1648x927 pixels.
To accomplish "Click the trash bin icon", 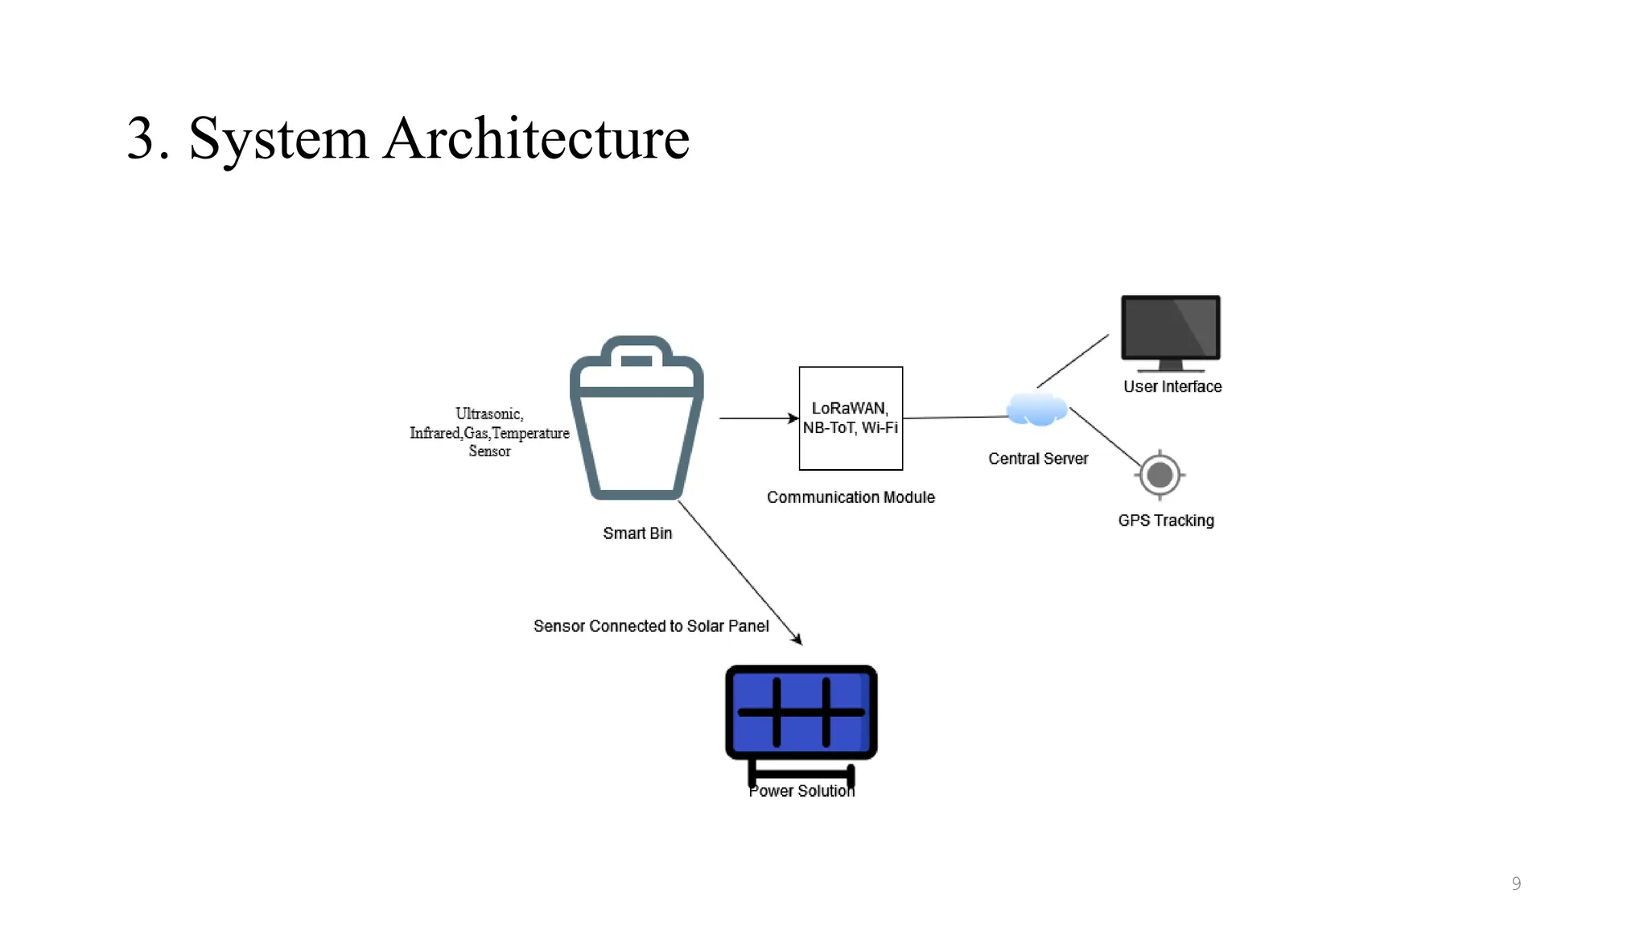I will tap(637, 418).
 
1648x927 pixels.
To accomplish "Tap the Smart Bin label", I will tap(637, 534).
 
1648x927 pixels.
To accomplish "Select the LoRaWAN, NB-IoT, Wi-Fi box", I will tap(851, 418).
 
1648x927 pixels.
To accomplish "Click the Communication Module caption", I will tap(851, 497).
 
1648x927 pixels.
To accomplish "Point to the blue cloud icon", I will tap(1037, 410).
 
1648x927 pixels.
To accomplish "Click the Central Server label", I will tap(1038, 459).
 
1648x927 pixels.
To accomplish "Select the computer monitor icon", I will tap(1171, 330).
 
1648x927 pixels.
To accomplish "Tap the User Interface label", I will tap(1172, 387).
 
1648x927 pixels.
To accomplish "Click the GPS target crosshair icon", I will tap(1160, 475).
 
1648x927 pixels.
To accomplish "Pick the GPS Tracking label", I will tap(1166, 521).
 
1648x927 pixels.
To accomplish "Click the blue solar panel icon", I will tap(801, 713).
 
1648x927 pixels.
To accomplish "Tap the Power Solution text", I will tap(801, 792).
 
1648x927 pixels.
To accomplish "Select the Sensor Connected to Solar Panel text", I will tap(651, 626).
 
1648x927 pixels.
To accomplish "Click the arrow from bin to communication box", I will tap(756, 418).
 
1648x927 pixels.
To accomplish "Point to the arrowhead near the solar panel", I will tap(797, 639).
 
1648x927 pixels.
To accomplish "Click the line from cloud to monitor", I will tap(1073, 361).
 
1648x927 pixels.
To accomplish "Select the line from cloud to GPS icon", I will tap(1105, 437).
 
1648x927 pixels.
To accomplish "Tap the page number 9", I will tap(1516, 884).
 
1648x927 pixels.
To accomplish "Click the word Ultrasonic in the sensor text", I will tap(489, 414).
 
